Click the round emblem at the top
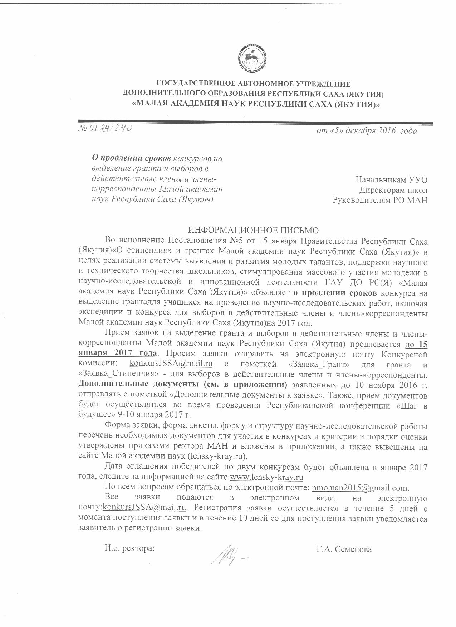coord(252,57)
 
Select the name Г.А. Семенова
coord(344,549)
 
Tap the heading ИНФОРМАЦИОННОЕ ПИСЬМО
coord(253,229)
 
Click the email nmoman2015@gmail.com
coord(360,488)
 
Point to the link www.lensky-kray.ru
coord(266,477)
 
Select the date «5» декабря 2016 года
coord(367,131)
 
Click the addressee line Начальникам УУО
coord(391,180)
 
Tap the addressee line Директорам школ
coord(393,190)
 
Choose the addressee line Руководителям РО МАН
coord(380,200)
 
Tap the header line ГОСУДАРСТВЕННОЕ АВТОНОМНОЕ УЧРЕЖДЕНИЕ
coord(254,84)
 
